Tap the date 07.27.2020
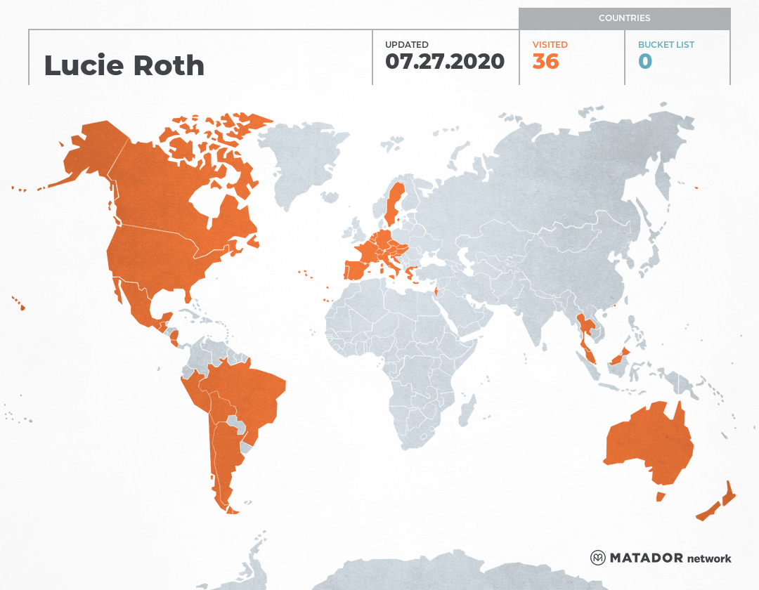(x=444, y=62)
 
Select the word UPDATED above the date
(x=406, y=44)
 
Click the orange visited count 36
(x=545, y=62)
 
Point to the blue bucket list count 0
(x=644, y=62)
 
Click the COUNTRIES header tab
(x=624, y=18)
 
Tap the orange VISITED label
(x=550, y=44)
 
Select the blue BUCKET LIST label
(x=666, y=44)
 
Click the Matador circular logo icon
(x=598, y=558)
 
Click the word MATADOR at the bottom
(x=646, y=558)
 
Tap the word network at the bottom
(x=709, y=558)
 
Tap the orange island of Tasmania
(x=660, y=497)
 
